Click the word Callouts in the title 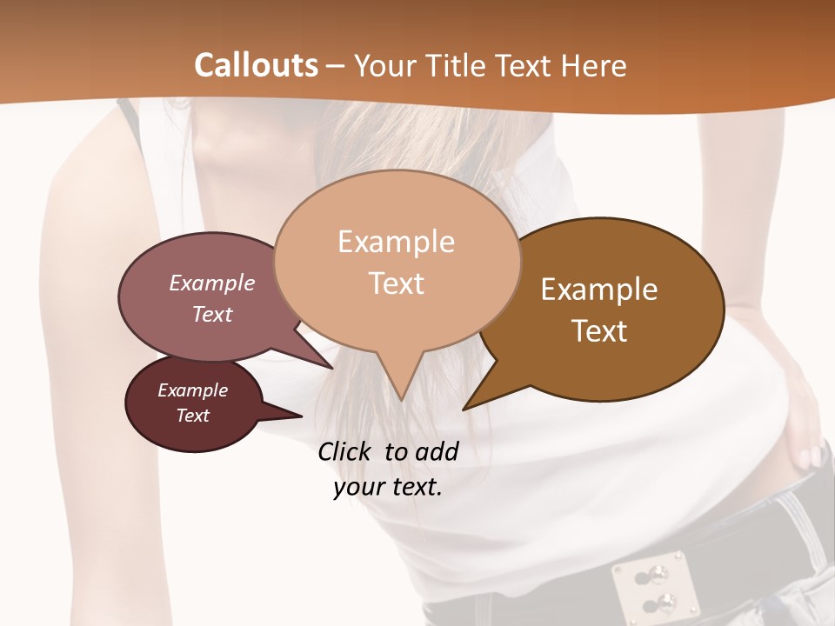click(x=256, y=65)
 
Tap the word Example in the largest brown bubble click(x=599, y=290)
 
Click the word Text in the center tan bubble click(x=397, y=283)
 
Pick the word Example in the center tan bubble click(x=397, y=242)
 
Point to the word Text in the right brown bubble click(x=599, y=331)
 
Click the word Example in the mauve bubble click(x=212, y=283)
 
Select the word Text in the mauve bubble click(x=212, y=314)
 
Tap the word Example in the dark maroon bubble click(x=193, y=390)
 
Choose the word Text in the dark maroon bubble click(x=193, y=416)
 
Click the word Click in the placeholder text click(x=347, y=451)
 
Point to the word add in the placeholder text click(x=437, y=451)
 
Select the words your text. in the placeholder click(x=388, y=487)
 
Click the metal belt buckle click(x=654, y=584)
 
